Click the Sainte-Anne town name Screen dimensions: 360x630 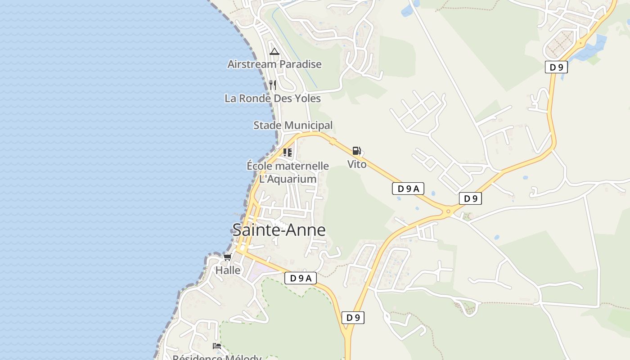279,230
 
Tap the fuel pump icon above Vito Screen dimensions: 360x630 356,151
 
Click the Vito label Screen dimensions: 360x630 357,164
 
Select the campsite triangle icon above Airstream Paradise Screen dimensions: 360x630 274,51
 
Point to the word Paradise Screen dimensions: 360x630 300,64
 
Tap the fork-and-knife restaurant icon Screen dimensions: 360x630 272,85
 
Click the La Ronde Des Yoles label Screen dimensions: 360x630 273,98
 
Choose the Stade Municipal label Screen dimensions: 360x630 293,125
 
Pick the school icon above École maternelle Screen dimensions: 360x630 288,152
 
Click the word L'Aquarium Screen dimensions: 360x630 288,179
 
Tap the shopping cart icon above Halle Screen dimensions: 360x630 227,257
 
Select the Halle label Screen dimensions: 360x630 228,270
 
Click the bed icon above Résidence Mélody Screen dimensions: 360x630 217,346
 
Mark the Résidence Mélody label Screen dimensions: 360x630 217,357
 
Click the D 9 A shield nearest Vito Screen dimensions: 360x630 408,189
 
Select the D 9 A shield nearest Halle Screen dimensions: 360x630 300,278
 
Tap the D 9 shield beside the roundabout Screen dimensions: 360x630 470,198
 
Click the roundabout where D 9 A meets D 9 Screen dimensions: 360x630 448,211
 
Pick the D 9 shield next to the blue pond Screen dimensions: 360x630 556,67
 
